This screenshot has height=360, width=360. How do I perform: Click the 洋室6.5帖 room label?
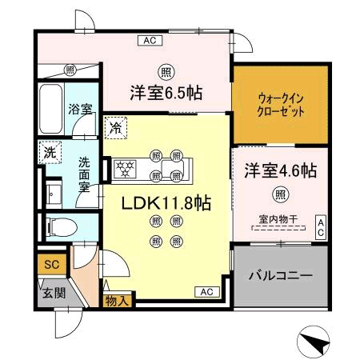pos(166,93)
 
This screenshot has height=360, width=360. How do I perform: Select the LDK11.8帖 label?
pos(166,204)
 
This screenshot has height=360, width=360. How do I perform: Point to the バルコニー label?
pos(279,274)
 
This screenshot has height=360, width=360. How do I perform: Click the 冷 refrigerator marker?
pos(117,126)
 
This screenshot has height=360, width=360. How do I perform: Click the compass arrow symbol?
pos(314,342)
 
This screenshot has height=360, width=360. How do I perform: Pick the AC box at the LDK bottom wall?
pos(206,290)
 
